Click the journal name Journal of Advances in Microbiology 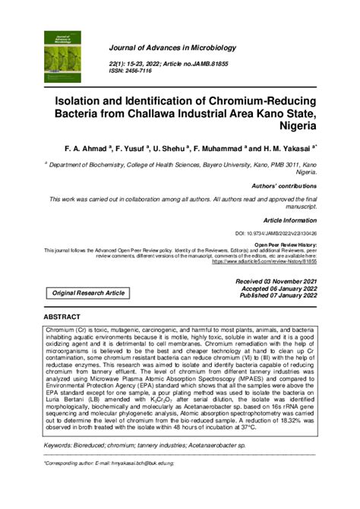175,49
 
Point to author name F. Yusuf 134,149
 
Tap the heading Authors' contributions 284,185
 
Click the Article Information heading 287,218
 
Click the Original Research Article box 88,292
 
